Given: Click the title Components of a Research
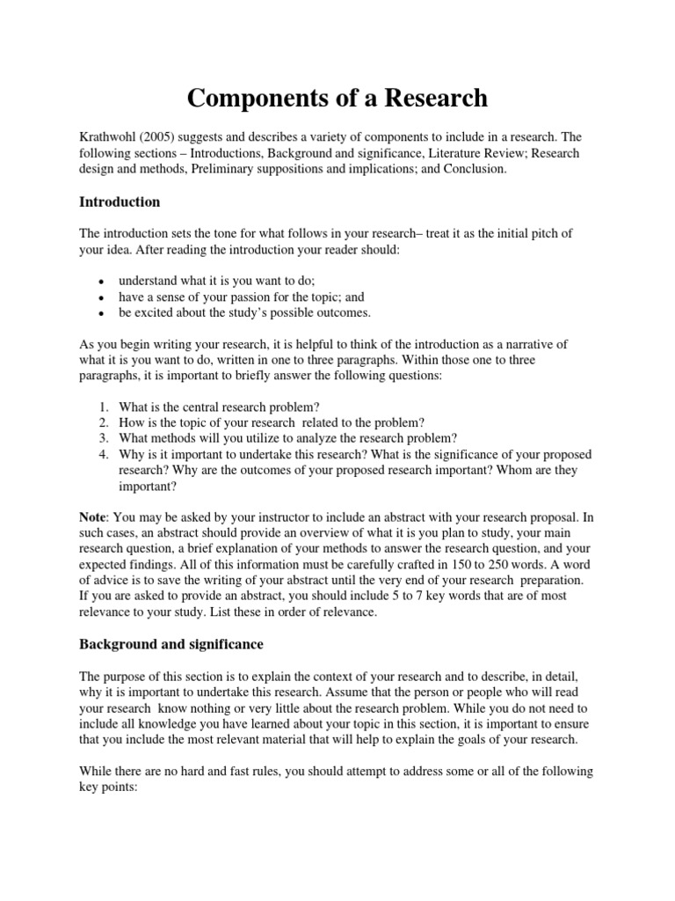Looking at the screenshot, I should tap(337, 98).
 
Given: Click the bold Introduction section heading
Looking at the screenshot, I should tap(120, 201).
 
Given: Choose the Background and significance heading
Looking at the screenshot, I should tap(171, 644).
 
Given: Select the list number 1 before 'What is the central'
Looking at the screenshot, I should tap(103, 407).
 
